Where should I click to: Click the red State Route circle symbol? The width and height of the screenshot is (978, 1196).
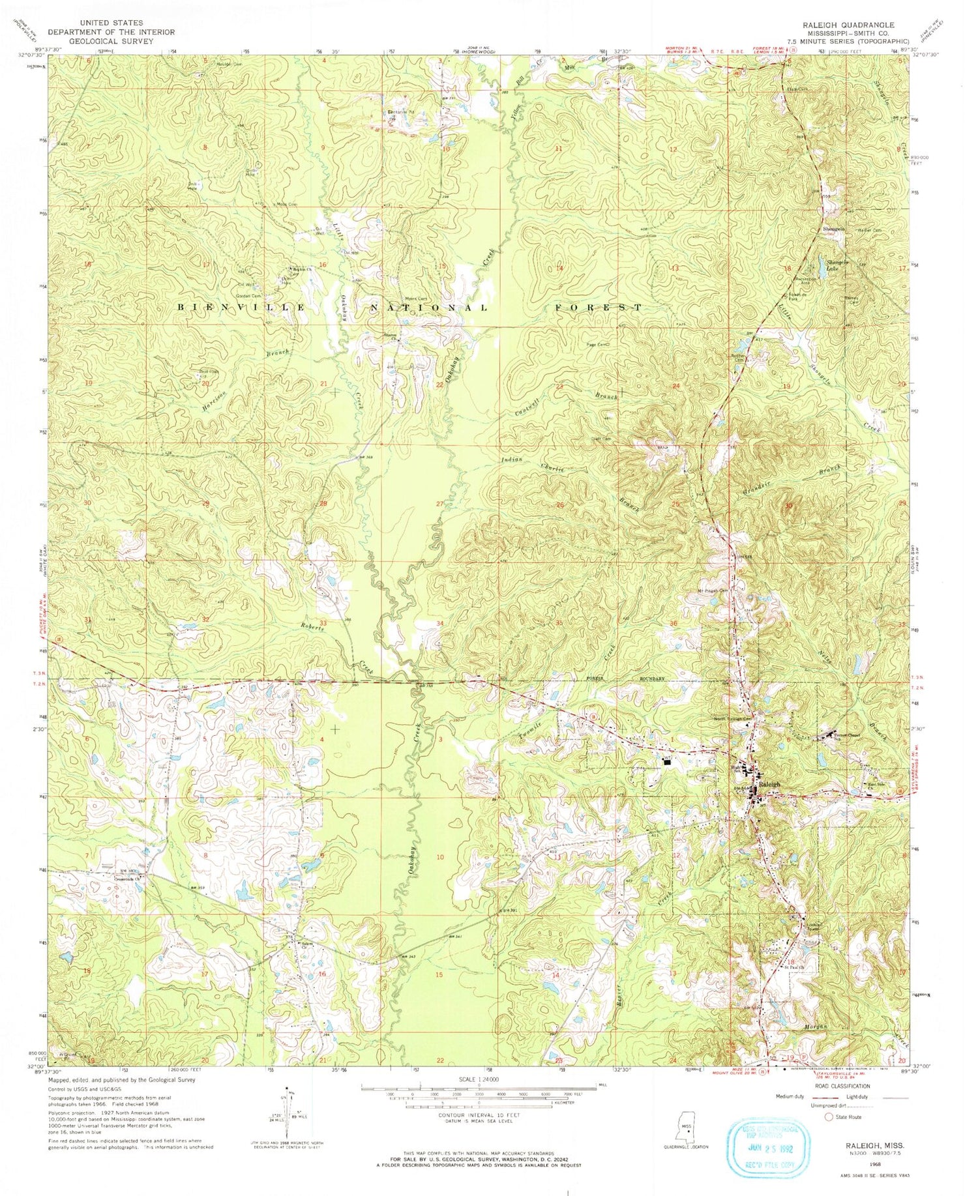829,1116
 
